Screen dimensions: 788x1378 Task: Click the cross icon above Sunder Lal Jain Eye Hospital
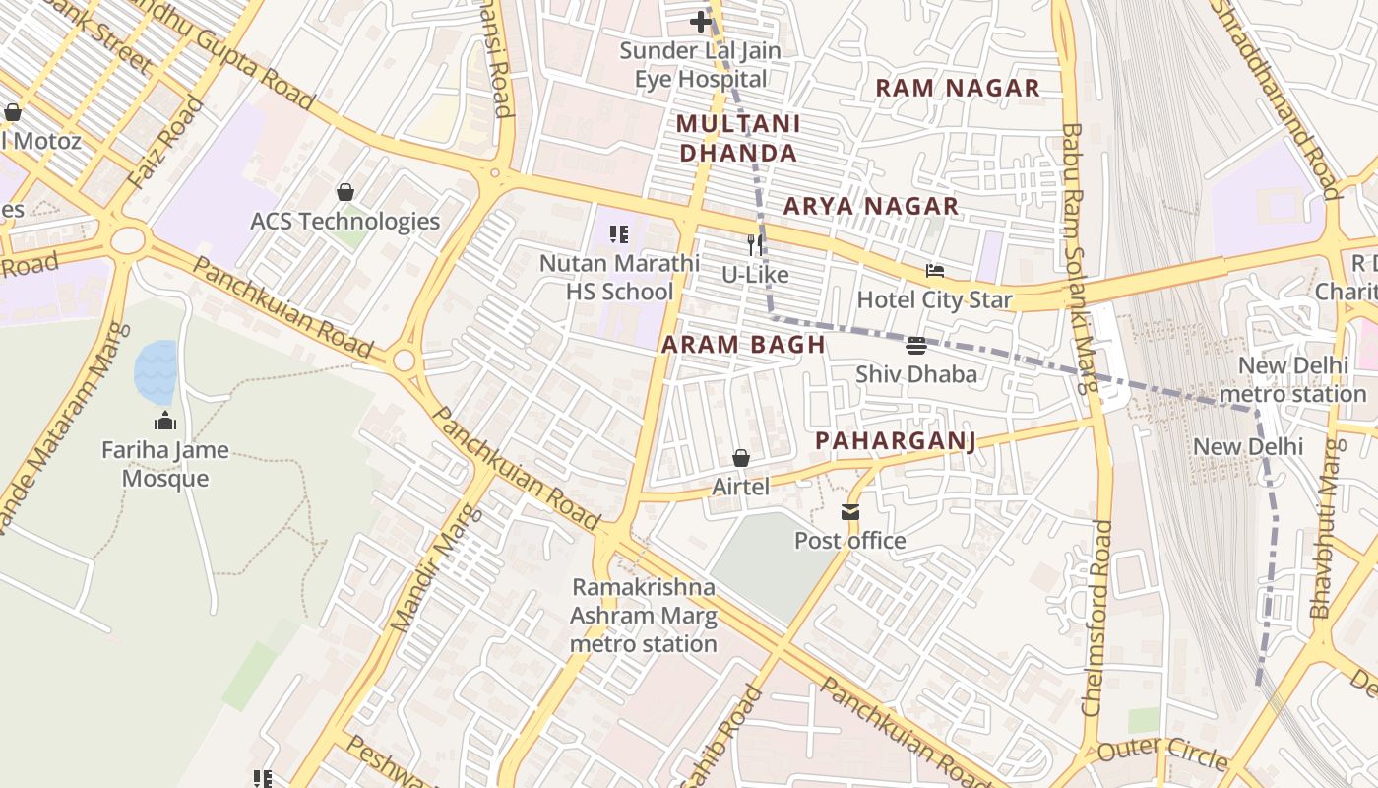700,21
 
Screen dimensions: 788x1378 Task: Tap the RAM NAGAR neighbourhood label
957,88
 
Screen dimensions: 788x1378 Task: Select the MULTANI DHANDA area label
738,138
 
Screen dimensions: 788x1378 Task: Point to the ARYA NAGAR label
870,206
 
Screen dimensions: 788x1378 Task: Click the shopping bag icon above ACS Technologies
344,191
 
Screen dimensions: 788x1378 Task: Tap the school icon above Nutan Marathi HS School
619,234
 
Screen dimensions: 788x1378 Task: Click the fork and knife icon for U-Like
755,244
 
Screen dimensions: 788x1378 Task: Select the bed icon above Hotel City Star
934,270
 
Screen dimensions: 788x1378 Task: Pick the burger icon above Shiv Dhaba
915,345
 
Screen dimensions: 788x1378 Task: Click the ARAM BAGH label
743,345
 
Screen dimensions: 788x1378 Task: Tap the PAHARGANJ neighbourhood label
896,440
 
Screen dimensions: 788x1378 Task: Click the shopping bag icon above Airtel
740,458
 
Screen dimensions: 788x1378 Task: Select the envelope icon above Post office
849,512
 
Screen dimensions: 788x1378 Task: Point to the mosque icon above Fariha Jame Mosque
165,421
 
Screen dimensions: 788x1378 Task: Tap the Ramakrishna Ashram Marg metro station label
644,616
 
